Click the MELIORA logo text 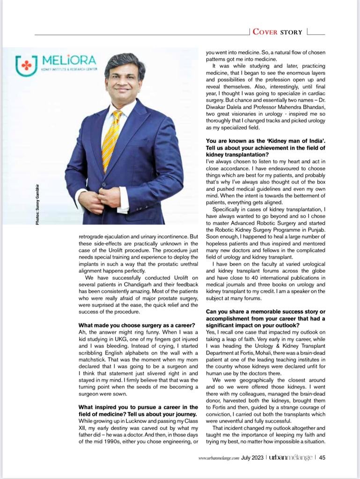pos(69,60)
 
